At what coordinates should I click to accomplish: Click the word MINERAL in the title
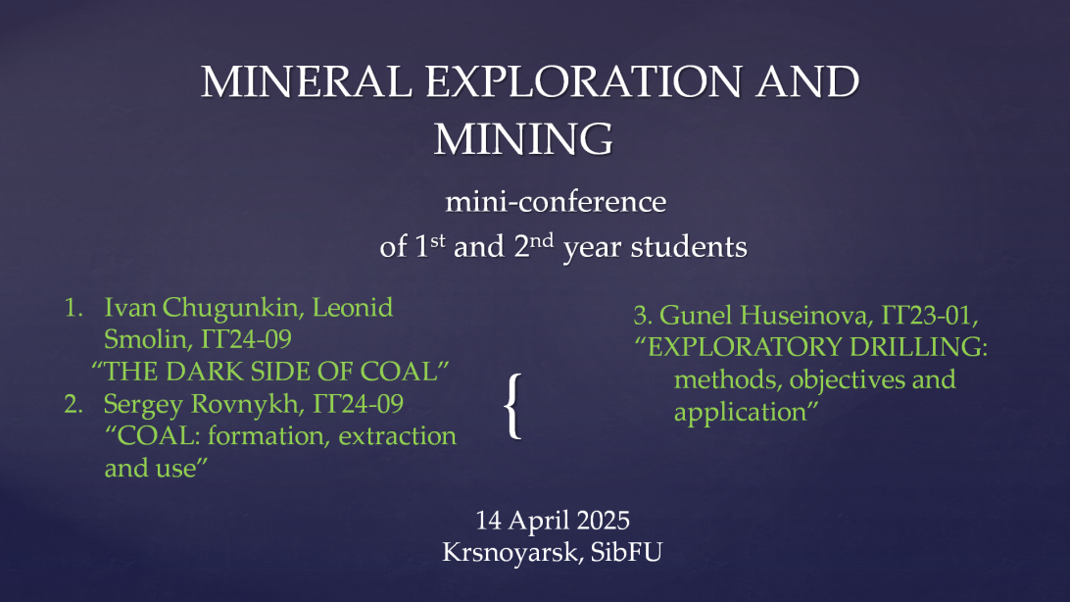tap(307, 82)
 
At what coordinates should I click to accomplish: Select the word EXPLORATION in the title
tap(583, 82)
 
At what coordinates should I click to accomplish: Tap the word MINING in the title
tap(523, 139)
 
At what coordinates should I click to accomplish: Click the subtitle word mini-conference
tap(556, 202)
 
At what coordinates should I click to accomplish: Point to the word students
tap(689, 246)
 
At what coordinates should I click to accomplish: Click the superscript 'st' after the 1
tap(437, 240)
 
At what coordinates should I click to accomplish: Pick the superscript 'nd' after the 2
tap(542, 240)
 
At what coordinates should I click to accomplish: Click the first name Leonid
tap(352, 307)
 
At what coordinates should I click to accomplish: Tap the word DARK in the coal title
tap(204, 372)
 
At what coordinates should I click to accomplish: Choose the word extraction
tap(397, 435)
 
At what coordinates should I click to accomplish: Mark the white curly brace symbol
tap(512, 406)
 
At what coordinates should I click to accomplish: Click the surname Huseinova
tap(803, 316)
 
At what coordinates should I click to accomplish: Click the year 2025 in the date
tap(603, 521)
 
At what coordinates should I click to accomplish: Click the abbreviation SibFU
tap(626, 552)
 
